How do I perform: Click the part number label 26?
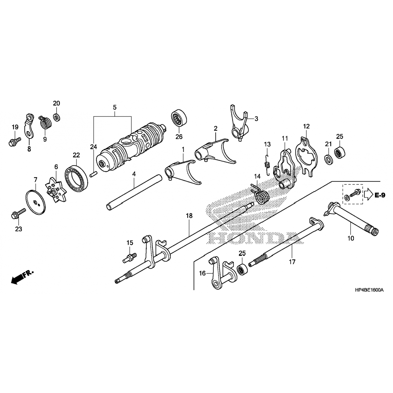(x=179, y=137)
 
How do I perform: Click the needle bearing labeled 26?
(x=179, y=118)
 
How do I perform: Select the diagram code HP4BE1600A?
(x=365, y=290)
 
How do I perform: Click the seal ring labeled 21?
(x=329, y=160)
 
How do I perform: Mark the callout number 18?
(x=189, y=216)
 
